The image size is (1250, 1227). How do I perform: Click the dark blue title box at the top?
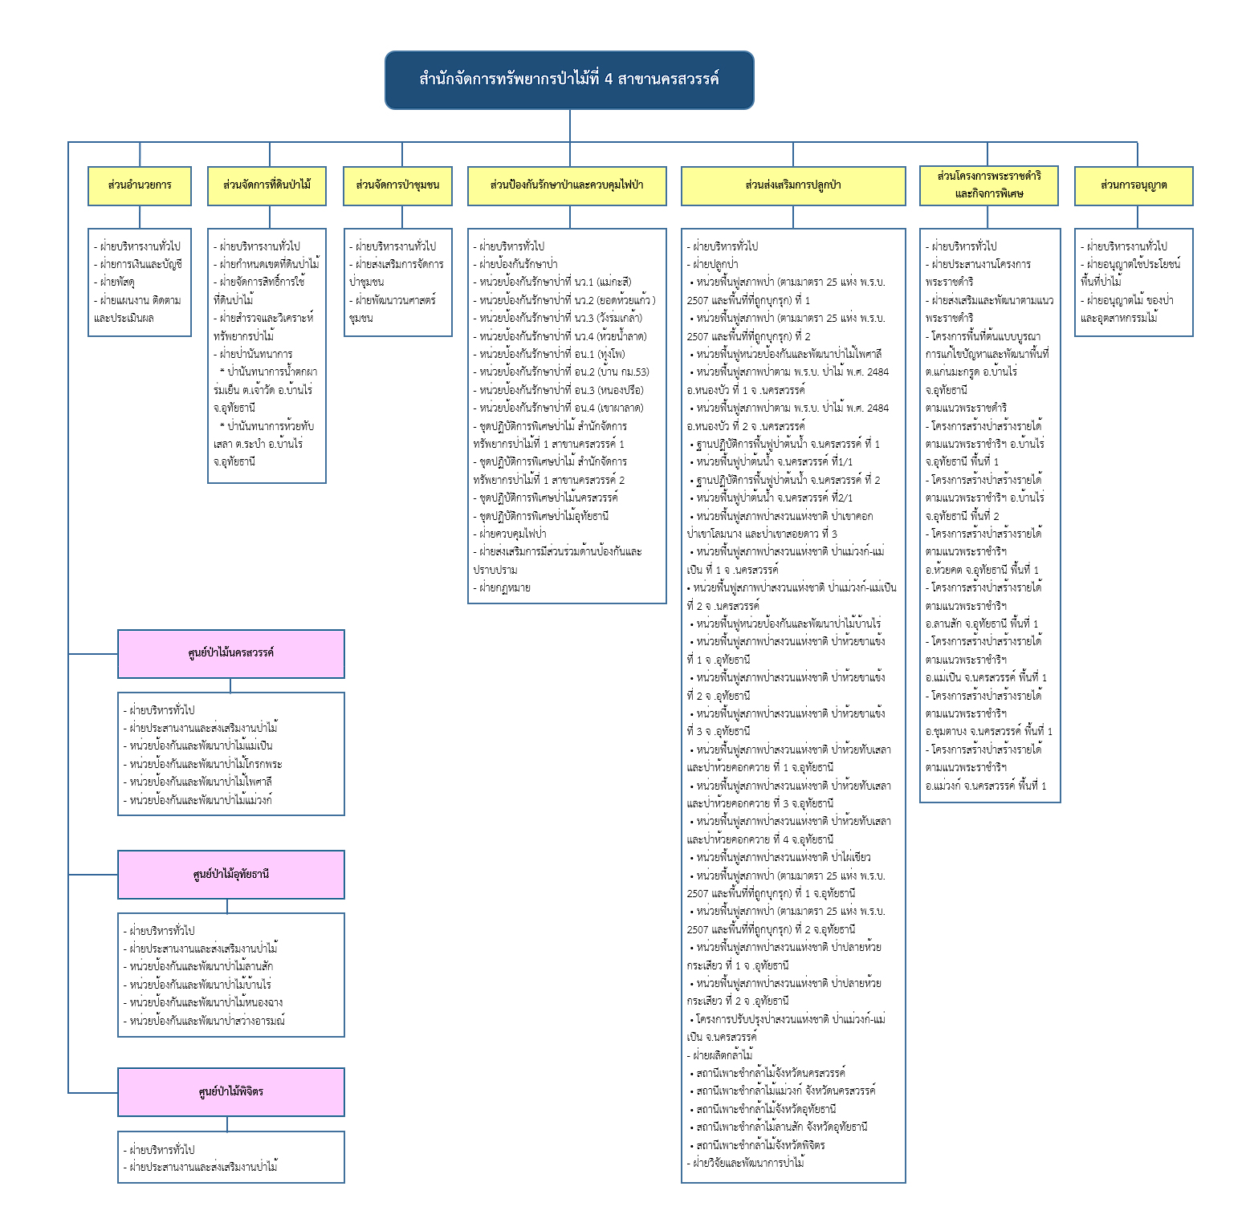coord(569,80)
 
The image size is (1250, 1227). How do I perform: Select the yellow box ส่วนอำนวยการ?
coord(140,185)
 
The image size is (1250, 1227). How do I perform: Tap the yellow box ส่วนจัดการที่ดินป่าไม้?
coord(267,185)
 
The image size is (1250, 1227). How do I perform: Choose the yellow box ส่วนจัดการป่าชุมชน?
coord(397,185)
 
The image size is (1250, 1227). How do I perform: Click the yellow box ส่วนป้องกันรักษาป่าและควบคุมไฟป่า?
coord(567,185)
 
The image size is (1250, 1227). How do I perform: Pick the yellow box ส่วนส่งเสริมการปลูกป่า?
coord(793,185)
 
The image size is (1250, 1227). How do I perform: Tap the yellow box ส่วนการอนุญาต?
coord(1134,185)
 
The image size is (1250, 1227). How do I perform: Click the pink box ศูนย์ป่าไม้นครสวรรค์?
coord(231,654)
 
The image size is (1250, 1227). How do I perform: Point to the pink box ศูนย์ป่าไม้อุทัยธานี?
coord(231,875)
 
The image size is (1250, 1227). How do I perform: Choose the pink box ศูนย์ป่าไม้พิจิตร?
coord(231,1092)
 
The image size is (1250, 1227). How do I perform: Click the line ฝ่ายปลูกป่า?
coord(713,264)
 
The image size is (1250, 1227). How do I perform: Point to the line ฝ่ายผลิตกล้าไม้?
coord(720,1055)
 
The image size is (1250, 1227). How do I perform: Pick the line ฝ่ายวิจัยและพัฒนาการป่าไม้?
coord(746,1163)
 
